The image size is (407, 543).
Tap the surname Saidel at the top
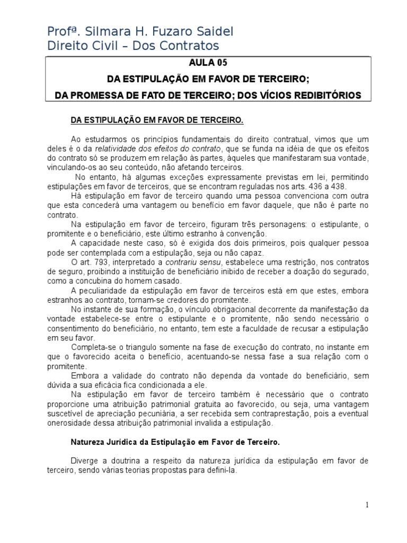click(212, 32)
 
